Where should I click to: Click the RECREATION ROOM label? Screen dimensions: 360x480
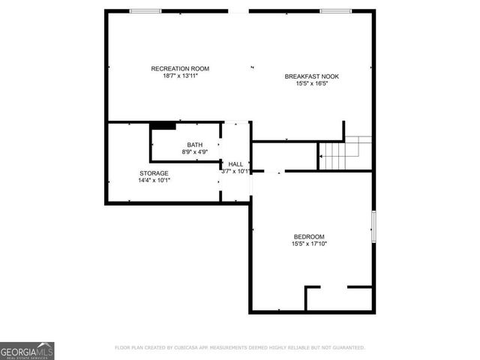pyautogui.click(x=180, y=68)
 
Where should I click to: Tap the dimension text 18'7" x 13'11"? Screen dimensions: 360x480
pyautogui.click(x=180, y=76)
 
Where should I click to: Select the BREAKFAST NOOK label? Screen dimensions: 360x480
pyautogui.click(x=312, y=76)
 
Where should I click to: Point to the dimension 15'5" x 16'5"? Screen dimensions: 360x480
pyautogui.click(x=312, y=84)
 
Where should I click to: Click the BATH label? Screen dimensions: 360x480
pyautogui.click(x=194, y=145)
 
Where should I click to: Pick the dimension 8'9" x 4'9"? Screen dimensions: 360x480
pyautogui.click(x=194, y=152)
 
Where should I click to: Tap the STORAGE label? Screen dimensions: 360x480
pyautogui.click(x=154, y=173)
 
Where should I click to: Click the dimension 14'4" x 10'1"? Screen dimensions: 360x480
pyautogui.click(x=154, y=181)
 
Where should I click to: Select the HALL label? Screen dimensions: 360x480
pyautogui.click(x=235, y=163)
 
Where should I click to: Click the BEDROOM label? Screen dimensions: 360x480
pyautogui.click(x=309, y=236)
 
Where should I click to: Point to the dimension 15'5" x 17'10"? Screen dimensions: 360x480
pyautogui.click(x=309, y=244)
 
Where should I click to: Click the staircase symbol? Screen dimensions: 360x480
pyautogui.click(x=346, y=153)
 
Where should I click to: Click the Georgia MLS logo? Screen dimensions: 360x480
pyautogui.click(x=27, y=350)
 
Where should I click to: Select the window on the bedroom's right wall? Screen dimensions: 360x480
pyautogui.click(x=373, y=226)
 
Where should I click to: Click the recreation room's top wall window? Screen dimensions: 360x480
pyautogui.click(x=145, y=11)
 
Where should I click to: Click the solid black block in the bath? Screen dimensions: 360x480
pyautogui.click(x=163, y=126)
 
